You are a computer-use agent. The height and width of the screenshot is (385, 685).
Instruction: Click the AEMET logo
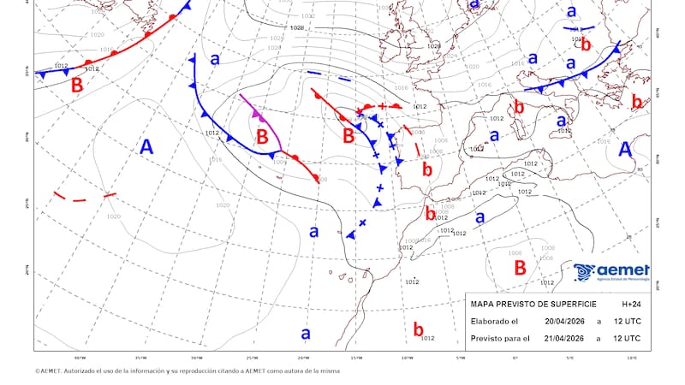[x=611, y=272]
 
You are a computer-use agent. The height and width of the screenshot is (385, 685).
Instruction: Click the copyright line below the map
[x=188, y=371]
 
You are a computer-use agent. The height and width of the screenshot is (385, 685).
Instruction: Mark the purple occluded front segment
[x=253, y=110]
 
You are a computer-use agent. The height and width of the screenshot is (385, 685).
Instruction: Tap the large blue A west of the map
[x=146, y=147]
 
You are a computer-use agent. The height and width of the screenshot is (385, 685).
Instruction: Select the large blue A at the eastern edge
[x=626, y=149]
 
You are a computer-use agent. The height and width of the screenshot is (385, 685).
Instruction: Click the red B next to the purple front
[x=263, y=136]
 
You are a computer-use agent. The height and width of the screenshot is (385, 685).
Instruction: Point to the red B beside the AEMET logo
[x=520, y=267]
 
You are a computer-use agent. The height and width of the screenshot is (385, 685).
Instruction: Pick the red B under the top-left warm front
[x=77, y=86]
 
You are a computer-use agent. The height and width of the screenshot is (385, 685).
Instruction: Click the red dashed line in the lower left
[x=84, y=197]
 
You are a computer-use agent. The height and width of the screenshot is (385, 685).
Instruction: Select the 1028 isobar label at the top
[x=297, y=28]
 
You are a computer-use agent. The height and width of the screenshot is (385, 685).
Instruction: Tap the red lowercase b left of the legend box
[x=418, y=329]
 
